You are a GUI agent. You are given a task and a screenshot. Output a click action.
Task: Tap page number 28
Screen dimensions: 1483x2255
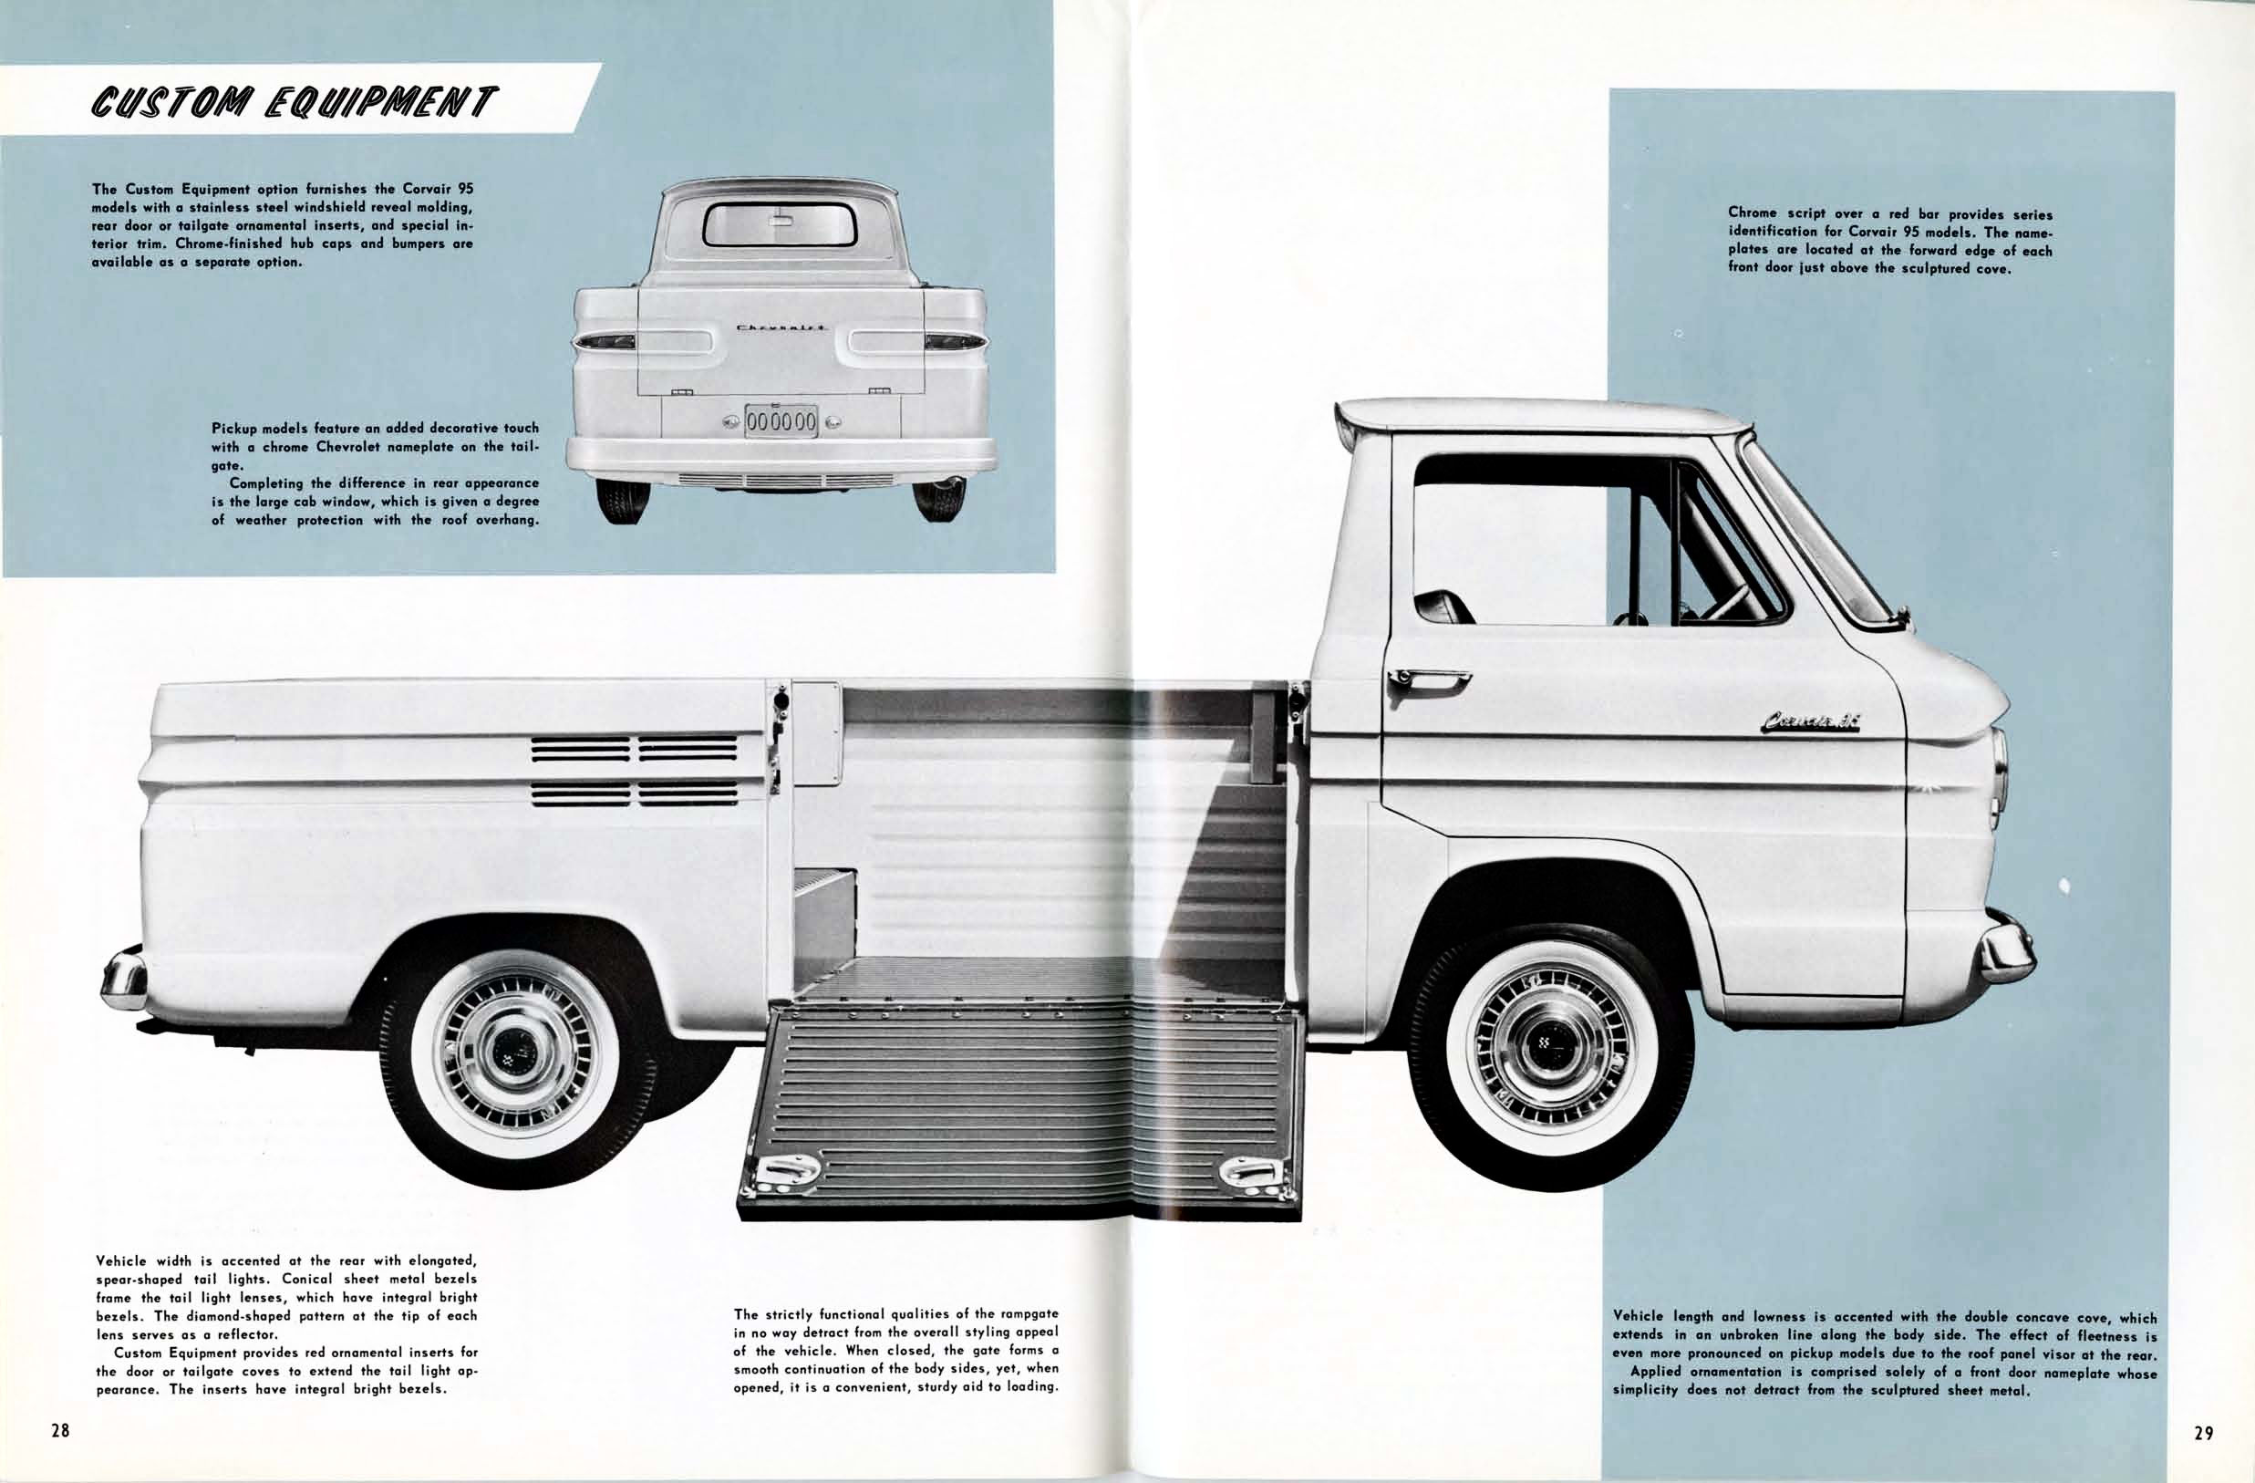pyautogui.click(x=61, y=1431)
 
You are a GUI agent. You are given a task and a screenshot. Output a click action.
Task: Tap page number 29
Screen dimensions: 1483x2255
pyautogui.click(x=2204, y=1433)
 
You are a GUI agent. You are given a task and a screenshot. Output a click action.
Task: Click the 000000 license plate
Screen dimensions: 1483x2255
pyautogui.click(x=781, y=421)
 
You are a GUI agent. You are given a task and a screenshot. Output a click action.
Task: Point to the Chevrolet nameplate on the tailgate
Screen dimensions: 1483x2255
pyautogui.click(x=781, y=327)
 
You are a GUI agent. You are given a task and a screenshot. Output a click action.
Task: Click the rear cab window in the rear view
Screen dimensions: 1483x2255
pyautogui.click(x=780, y=223)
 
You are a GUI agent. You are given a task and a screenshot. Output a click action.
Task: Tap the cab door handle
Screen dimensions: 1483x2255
pyautogui.click(x=1428, y=677)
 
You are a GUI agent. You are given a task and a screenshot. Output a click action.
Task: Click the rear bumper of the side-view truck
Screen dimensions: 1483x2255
pyautogui.click(x=124, y=978)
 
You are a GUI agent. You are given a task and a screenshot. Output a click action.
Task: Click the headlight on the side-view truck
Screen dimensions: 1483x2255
pyautogui.click(x=1999, y=778)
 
